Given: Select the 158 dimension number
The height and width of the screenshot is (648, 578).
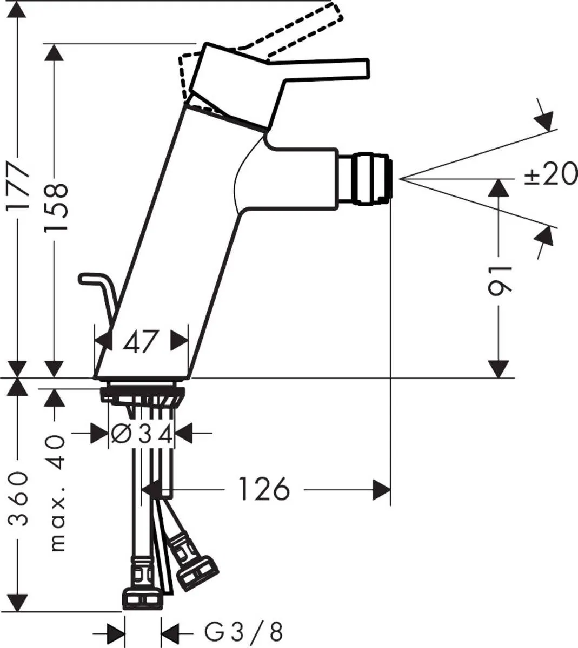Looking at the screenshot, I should [56, 207].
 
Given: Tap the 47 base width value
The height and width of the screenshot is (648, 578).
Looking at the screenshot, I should [141, 341].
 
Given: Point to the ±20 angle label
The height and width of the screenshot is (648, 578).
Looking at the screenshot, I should [550, 175].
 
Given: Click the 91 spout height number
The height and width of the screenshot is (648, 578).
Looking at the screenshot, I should [499, 281].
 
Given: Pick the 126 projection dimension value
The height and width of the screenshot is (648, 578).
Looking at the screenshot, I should [264, 489].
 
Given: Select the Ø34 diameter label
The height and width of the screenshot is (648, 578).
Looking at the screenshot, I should [142, 434].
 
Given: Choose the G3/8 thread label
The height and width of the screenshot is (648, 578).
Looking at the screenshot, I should [243, 631].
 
